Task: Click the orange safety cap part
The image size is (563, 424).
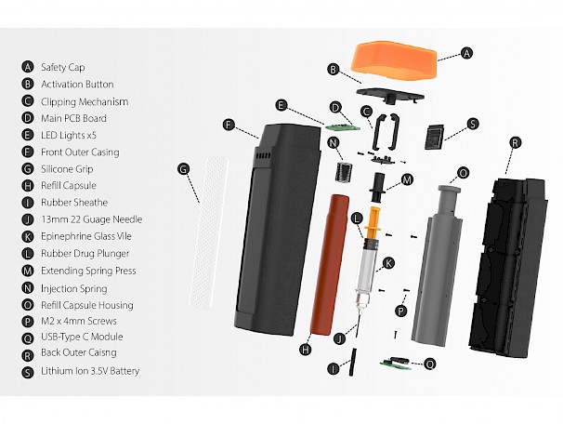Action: click(x=394, y=60)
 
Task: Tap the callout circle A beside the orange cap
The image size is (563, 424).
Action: click(x=466, y=53)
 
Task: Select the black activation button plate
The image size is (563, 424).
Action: click(x=390, y=95)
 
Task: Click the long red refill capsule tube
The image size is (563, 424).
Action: click(x=330, y=265)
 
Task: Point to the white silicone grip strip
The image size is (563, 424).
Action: click(x=208, y=232)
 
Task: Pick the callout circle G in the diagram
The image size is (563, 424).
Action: click(x=183, y=168)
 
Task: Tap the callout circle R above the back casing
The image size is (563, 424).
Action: click(x=516, y=142)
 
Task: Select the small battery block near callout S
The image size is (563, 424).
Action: click(x=435, y=136)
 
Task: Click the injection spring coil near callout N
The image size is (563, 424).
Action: click(x=344, y=171)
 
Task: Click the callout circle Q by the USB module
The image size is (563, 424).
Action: click(x=429, y=364)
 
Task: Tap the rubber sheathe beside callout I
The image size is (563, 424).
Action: click(x=352, y=362)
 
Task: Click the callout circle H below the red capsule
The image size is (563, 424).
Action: click(x=306, y=349)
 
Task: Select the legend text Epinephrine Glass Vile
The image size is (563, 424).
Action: click(x=86, y=236)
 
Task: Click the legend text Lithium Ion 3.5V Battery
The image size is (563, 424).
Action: click(x=90, y=371)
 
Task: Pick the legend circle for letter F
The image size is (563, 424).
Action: click(x=28, y=152)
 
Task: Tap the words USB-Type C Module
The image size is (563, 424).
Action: click(x=82, y=337)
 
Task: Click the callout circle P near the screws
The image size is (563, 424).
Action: click(x=400, y=311)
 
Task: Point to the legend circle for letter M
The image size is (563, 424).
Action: click(x=28, y=271)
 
